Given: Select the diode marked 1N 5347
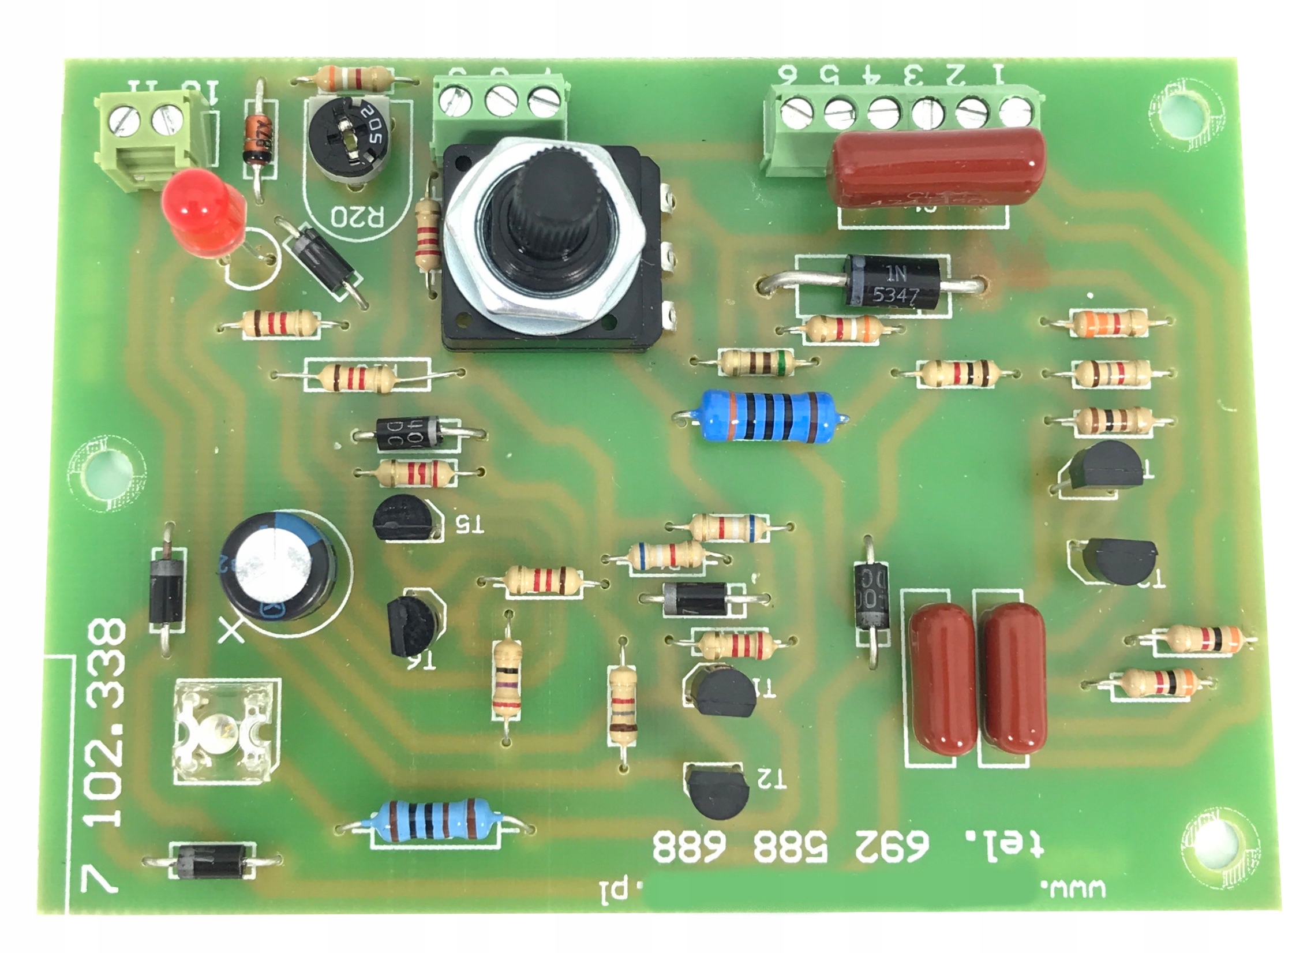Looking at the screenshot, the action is point(892,282).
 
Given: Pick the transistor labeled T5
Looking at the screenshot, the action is point(399,520).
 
